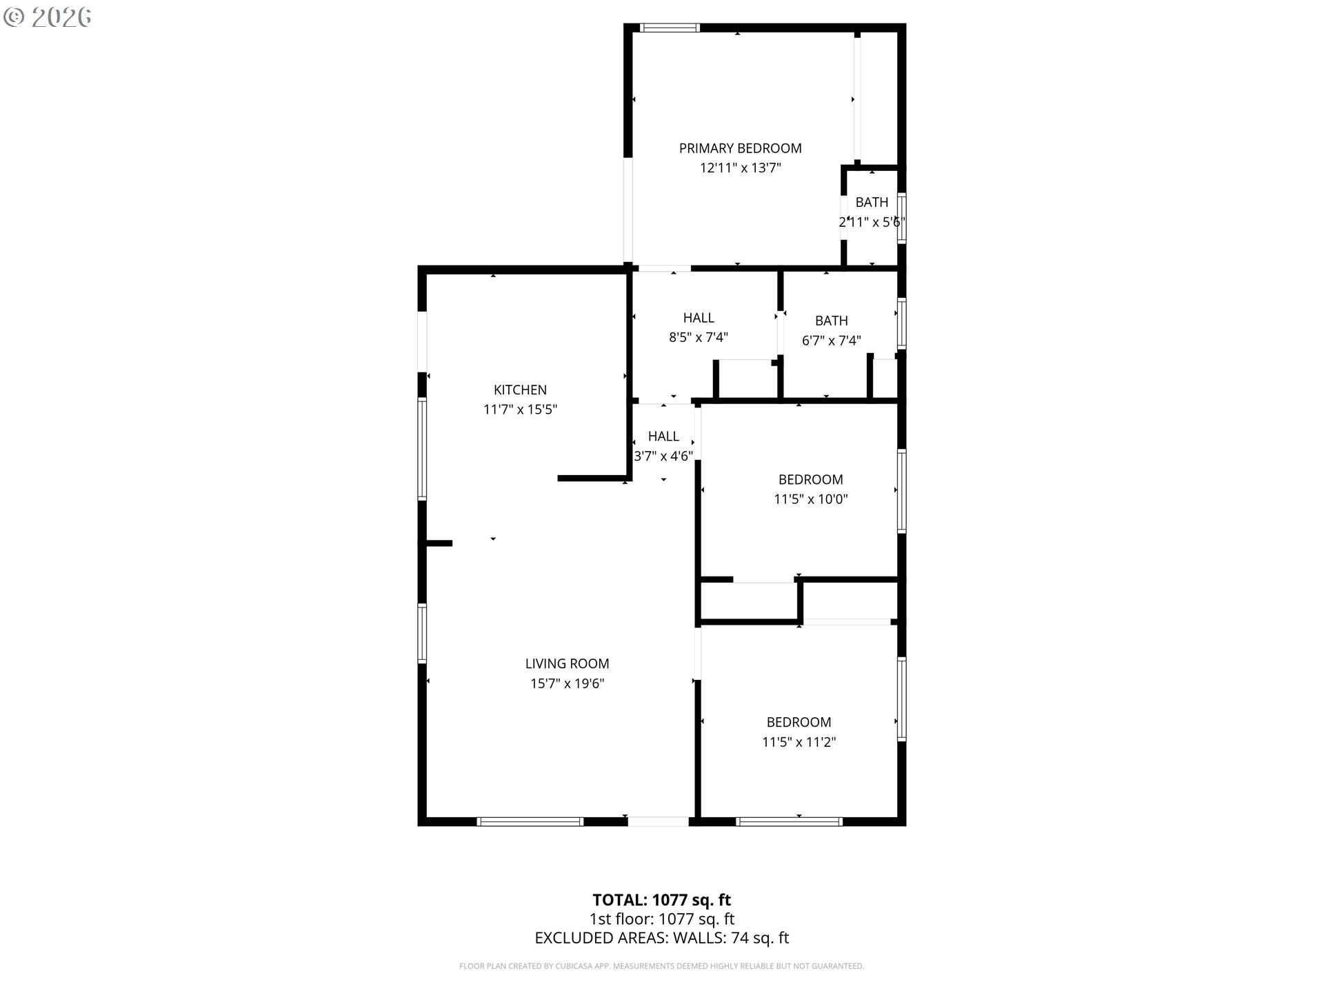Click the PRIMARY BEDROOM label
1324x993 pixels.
740,148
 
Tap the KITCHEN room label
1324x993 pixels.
520,390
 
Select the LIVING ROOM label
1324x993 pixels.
567,663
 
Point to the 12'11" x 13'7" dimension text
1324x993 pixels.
740,168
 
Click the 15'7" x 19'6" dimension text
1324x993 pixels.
567,683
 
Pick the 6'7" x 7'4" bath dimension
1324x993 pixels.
831,341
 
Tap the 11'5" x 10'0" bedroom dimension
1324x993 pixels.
810,499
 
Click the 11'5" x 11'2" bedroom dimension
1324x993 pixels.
799,742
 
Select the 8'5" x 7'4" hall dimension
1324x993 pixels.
698,337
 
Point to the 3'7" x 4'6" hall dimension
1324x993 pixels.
663,456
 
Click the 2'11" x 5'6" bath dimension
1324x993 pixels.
872,222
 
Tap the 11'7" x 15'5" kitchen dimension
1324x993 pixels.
520,410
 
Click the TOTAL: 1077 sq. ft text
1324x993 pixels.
661,900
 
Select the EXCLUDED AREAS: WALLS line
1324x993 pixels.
661,938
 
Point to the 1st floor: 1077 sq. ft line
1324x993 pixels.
661,919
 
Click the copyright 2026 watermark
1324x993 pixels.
47,17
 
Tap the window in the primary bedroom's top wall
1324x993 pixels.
670,28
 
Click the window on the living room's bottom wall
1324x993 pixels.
530,821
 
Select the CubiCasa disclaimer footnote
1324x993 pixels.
661,966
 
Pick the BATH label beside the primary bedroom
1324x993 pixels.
872,202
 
